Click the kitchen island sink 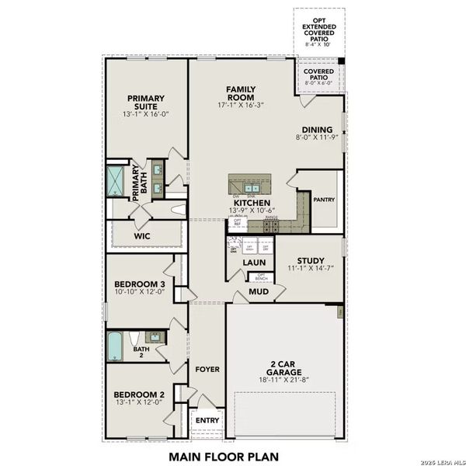tap(252, 187)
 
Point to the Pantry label tap(323, 200)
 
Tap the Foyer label tap(207, 369)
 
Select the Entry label tap(207, 420)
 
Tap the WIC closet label tap(142, 234)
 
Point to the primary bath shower tap(116, 180)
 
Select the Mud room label tap(259, 292)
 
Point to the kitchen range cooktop tap(271, 226)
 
